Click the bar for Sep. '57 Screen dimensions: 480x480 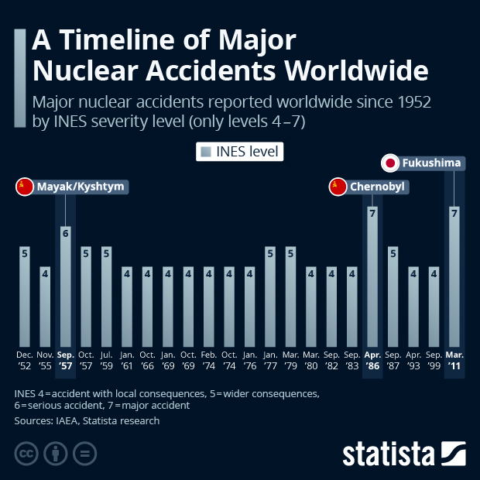66,286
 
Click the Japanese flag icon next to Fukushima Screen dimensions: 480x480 391,163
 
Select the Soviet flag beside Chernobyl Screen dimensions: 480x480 338,187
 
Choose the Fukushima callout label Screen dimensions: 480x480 432,163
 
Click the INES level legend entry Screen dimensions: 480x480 240,152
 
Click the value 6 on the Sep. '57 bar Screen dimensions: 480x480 66,232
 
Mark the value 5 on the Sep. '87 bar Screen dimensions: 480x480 393,252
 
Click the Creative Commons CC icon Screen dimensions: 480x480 26,453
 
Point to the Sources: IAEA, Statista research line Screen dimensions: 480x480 87,421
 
